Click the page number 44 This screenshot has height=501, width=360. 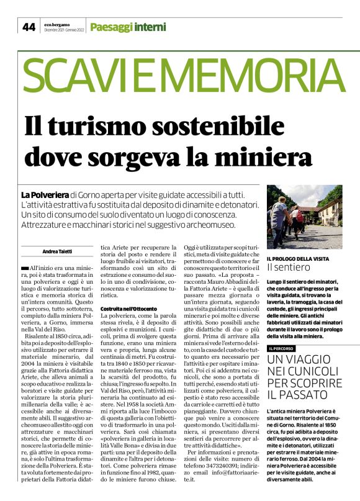(29, 27)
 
